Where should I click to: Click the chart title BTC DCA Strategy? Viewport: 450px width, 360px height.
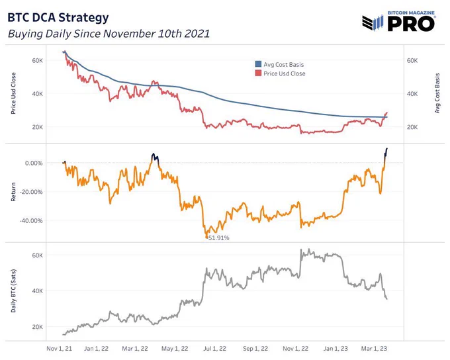tap(58, 18)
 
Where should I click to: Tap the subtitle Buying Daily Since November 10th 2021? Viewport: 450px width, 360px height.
tap(109, 34)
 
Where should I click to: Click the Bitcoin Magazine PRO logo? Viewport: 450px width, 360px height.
tap(398, 21)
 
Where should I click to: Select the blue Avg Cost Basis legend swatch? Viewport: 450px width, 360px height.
tap(258, 64)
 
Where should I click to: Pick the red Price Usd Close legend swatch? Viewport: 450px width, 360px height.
tap(258, 73)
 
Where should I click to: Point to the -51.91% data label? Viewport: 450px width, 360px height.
tap(218, 238)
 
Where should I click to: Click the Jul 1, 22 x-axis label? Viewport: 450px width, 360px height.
tap(214, 349)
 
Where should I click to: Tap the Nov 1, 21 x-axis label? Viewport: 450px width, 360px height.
tap(59, 349)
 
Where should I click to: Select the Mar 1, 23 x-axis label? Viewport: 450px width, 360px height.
tap(374, 349)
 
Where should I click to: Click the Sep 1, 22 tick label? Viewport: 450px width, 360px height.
tap(255, 349)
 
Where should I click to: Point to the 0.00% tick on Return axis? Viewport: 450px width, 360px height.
tap(34, 163)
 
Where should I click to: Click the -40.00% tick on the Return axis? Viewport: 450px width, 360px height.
tap(31, 221)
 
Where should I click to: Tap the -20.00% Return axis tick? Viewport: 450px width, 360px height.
tap(31, 192)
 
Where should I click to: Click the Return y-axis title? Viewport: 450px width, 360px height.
tap(13, 192)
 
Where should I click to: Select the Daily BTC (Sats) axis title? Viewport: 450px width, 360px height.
tap(13, 291)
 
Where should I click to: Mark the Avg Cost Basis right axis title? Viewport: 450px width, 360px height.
tap(437, 93)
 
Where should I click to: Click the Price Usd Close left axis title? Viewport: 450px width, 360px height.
tap(13, 93)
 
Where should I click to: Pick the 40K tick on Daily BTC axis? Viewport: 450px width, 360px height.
tap(37, 291)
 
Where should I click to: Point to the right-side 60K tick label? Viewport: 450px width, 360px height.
tap(412, 61)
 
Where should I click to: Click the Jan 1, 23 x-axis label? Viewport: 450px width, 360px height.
tap(336, 349)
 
